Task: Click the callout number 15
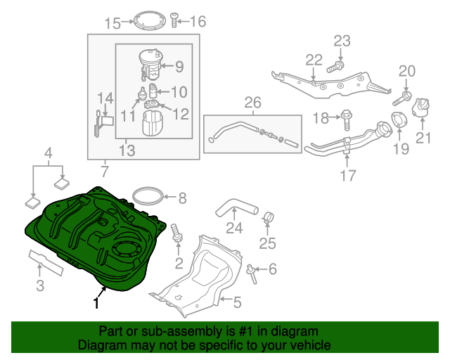coord(112,23)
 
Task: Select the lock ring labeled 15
coord(146,18)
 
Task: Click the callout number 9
coord(179,67)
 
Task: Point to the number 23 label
coord(341,41)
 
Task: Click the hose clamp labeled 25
coord(269,217)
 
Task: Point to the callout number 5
coord(237,303)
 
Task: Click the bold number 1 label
coord(96,304)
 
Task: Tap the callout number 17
coord(349,176)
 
